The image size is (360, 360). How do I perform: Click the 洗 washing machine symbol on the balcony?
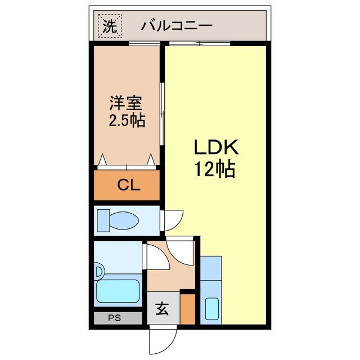point(109,25)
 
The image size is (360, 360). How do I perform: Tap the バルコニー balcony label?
point(177,25)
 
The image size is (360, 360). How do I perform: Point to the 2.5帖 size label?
point(126,120)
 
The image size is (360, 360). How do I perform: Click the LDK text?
point(217,148)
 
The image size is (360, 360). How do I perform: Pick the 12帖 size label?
point(215,168)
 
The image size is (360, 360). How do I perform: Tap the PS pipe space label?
point(115,318)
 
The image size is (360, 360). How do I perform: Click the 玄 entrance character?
point(161,309)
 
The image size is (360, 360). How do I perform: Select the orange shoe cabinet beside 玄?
point(187,309)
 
